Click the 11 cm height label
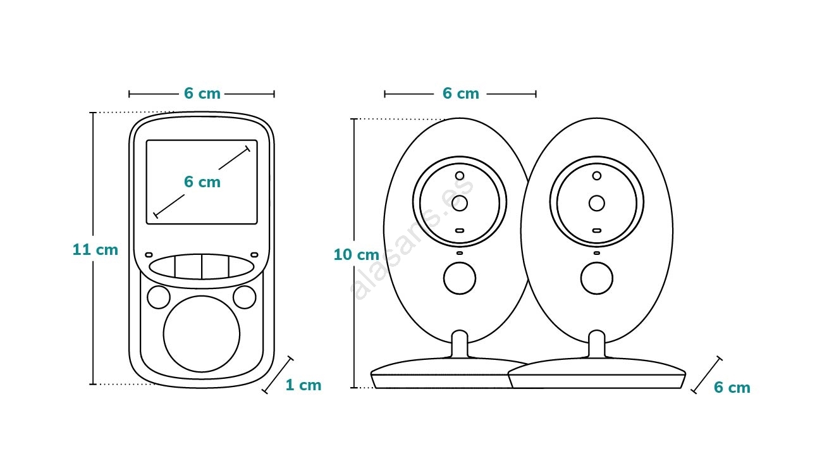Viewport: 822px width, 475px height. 95,250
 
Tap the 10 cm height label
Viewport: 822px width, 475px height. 356,255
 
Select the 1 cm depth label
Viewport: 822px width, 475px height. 304,385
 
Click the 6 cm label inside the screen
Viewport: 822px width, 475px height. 202,182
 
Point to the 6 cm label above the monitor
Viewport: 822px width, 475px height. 202,94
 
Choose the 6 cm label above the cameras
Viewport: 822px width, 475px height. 460,94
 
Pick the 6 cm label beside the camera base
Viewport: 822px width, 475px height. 732,388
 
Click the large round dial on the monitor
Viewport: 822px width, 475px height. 202,334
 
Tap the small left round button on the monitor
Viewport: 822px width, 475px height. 159,297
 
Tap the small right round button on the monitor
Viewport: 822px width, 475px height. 244,297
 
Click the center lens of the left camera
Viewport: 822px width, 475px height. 460,203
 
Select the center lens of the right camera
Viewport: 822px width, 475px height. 596,203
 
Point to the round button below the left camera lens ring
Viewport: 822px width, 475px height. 460,278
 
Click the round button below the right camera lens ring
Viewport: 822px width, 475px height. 596,278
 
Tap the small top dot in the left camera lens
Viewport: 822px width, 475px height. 460,176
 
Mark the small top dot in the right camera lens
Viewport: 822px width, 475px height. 596,176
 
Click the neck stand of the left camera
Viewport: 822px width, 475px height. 460,345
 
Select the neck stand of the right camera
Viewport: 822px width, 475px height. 596,345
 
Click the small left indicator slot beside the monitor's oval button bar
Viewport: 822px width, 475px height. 149,255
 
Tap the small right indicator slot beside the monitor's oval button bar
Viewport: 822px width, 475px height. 254,255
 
